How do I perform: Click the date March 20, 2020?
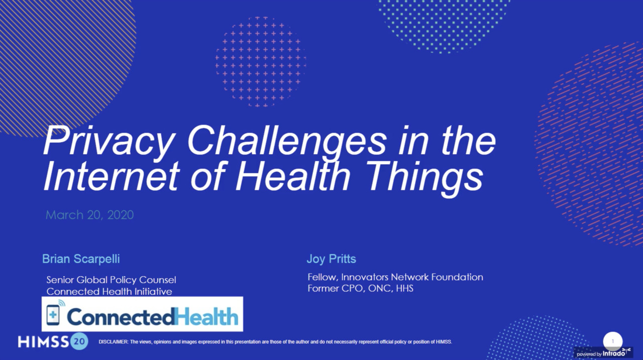89,215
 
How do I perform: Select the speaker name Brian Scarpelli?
81,259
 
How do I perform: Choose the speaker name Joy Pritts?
331,259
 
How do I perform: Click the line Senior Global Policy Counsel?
111,280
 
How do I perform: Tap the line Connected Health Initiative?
109,291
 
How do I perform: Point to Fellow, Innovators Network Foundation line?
395,277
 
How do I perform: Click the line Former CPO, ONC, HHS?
360,288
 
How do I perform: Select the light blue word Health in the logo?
206,317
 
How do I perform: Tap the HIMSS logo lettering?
43,342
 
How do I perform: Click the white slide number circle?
612,341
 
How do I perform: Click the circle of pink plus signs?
260,62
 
